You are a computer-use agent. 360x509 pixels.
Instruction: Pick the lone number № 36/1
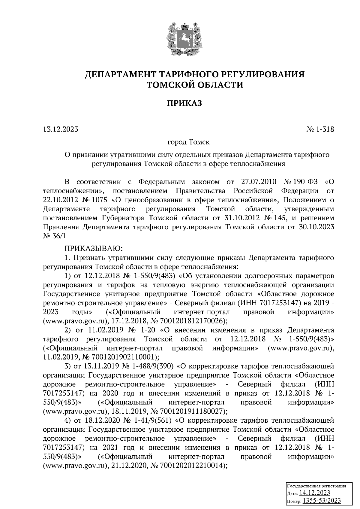tap(54, 236)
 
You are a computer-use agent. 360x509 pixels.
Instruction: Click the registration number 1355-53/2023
tap(322, 500)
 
